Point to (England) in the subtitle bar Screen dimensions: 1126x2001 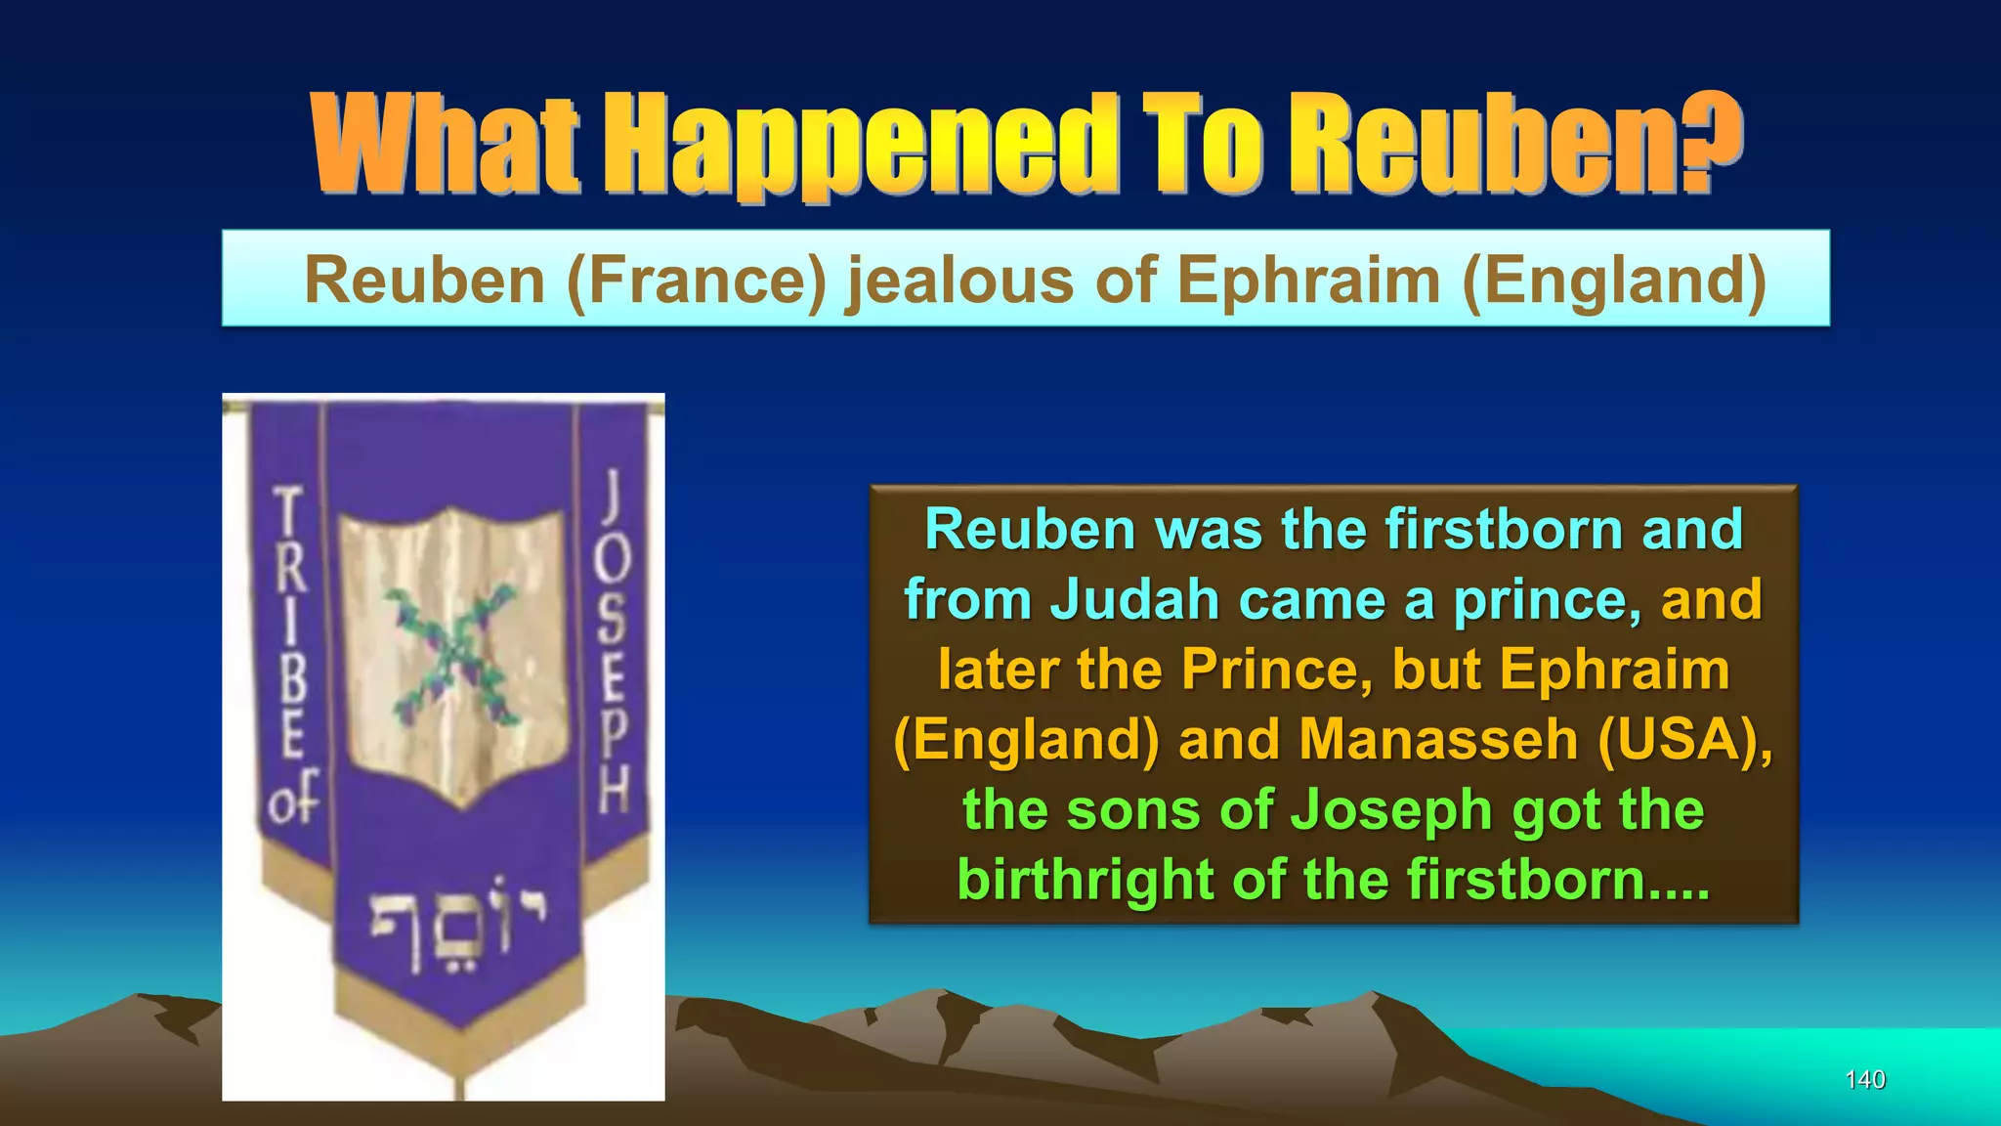1614,281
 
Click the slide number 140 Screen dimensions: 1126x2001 1864,1079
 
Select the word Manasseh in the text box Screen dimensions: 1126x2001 1438,739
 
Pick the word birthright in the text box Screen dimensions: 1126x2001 1086,880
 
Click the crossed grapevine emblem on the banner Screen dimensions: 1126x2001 452,650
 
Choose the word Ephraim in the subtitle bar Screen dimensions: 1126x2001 1309,281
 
